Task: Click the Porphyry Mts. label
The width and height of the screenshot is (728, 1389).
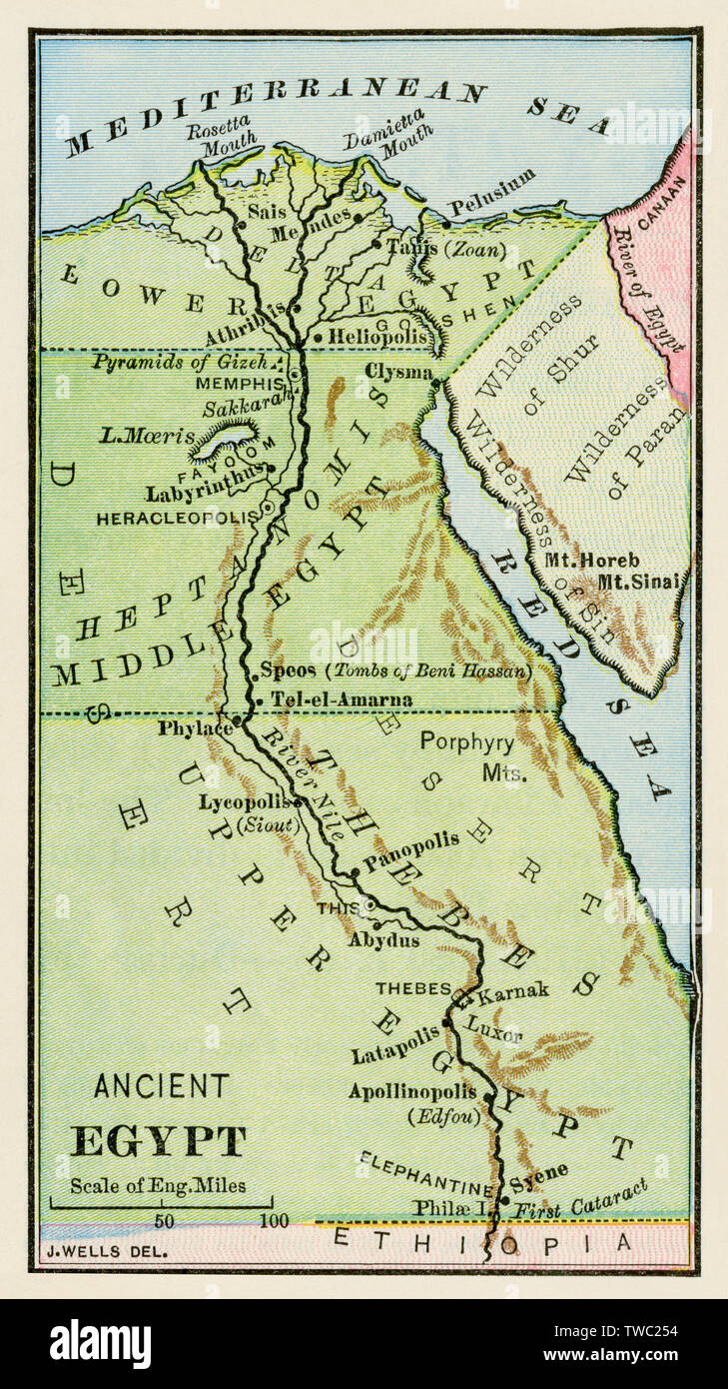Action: (x=467, y=756)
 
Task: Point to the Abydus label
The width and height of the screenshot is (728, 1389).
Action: (x=383, y=940)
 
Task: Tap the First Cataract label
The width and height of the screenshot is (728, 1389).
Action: (x=580, y=1199)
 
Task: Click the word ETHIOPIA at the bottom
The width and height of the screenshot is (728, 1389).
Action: (x=482, y=1242)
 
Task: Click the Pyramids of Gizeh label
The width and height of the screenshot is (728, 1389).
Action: (x=183, y=362)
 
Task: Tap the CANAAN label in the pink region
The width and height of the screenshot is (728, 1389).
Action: (x=656, y=193)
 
